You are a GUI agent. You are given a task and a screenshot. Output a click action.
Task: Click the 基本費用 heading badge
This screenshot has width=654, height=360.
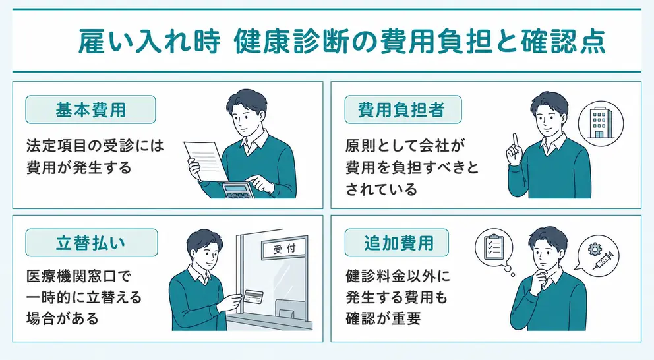tap(90, 109)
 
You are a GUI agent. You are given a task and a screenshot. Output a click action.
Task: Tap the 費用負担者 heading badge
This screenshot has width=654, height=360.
tap(403, 109)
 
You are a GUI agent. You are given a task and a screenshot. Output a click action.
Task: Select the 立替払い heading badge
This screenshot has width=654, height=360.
tap(92, 243)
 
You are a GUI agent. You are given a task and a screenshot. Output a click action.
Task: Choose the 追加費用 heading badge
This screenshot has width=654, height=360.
tap(397, 243)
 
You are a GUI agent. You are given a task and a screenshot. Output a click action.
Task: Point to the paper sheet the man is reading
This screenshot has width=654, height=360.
tap(206, 161)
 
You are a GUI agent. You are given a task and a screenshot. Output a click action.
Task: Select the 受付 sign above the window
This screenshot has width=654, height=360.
tap(284, 249)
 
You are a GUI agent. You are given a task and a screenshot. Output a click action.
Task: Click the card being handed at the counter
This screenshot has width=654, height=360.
tap(253, 297)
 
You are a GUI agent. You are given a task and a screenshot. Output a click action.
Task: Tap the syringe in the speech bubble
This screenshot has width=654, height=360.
tap(603, 260)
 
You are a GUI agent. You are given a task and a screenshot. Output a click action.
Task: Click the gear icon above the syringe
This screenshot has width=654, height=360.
tap(593, 249)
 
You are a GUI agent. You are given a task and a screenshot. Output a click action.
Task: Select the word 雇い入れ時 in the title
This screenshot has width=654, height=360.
tap(149, 42)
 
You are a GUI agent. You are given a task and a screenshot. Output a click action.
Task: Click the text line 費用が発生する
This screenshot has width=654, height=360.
tap(79, 167)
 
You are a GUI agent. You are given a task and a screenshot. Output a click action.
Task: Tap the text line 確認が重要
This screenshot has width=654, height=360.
tap(383, 318)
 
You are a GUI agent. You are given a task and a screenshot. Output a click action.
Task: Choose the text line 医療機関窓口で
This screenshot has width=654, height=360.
tap(79, 276)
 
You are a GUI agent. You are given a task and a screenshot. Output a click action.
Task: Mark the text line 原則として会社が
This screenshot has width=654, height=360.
tap(405, 146)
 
